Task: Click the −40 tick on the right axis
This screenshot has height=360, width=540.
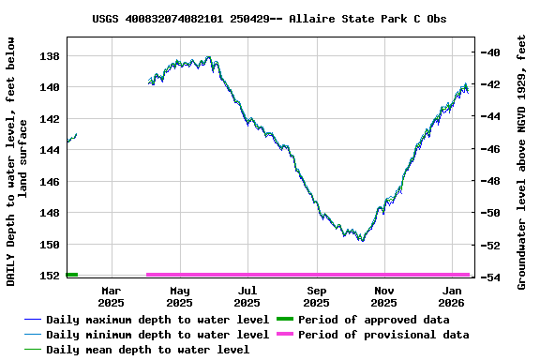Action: [x=489, y=52]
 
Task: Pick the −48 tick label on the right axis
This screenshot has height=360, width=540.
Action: [x=489, y=181]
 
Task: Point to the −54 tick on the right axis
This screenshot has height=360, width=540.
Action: [x=489, y=277]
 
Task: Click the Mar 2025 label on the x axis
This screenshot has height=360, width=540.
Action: [x=112, y=296]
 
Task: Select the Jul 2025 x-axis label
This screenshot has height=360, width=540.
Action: [x=247, y=296]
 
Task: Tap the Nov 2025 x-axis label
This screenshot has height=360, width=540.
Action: [x=383, y=296]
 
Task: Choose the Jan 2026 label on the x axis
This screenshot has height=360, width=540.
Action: [x=452, y=296]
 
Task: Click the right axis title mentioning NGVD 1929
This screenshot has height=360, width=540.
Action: [x=522, y=162]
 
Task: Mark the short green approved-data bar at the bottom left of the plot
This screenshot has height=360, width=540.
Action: [x=72, y=275]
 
